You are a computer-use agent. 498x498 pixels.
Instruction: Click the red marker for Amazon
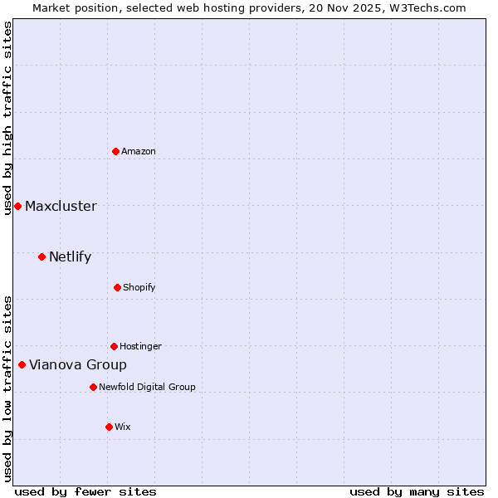pos(115,151)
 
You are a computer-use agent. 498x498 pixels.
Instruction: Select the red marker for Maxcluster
pos(17,206)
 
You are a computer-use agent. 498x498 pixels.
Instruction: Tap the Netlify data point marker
pos(41,256)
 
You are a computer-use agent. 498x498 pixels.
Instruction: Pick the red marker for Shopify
pos(117,287)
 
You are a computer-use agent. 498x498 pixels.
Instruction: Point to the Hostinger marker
pos(114,346)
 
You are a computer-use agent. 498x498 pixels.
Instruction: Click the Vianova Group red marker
pos(22,364)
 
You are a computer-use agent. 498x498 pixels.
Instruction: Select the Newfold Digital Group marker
pos(93,387)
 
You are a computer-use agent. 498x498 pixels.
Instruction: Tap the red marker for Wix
pos(109,427)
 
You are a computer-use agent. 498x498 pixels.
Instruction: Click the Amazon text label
pos(139,151)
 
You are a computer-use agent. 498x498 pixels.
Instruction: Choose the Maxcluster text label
pos(61,206)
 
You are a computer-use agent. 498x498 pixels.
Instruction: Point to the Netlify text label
pos(70,256)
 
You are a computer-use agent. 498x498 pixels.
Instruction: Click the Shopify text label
pos(139,287)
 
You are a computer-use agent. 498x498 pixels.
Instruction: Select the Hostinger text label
pos(140,346)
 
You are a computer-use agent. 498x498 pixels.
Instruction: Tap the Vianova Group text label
pos(78,364)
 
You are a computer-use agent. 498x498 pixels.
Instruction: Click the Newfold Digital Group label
pos(147,387)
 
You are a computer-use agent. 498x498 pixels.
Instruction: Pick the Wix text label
pos(123,427)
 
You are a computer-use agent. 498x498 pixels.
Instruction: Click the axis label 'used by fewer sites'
pos(85,491)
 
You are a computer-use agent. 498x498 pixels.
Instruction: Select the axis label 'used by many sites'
pos(417,491)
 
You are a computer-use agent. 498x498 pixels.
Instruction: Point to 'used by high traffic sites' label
pos(7,118)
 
